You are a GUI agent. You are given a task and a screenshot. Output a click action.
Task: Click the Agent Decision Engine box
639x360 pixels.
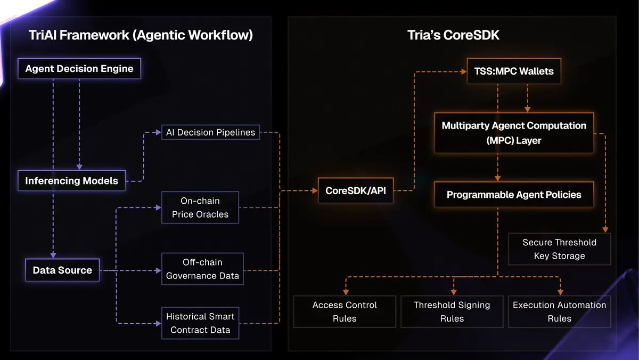[79, 69]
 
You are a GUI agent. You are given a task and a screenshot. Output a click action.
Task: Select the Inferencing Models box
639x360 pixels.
[71, 181]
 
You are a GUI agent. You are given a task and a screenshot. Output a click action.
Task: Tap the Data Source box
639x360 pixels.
[62, 270]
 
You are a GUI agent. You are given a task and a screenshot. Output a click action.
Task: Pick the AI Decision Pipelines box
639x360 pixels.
[210, 132]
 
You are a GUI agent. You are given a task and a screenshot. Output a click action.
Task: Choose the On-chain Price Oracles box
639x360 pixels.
[200, 207]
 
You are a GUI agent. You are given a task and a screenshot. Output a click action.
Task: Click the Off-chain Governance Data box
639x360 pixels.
[202, 269]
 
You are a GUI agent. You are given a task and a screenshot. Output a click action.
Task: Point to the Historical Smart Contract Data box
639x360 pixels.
[200, 323]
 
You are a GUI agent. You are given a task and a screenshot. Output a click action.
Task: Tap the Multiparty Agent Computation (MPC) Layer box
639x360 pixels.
[514, 133]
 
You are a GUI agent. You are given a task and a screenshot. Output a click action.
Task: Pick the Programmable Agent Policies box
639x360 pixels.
[514, 195]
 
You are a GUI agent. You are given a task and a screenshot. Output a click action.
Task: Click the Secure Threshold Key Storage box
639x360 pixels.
[559, 249]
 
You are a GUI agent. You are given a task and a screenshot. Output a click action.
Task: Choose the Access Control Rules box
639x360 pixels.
[345, 311]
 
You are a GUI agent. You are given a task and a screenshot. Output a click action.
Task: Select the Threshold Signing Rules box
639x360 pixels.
[452, 311]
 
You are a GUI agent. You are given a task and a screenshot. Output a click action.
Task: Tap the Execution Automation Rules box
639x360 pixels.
[559, 311]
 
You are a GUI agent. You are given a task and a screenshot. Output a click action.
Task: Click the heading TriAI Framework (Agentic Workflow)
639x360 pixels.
[141, 36]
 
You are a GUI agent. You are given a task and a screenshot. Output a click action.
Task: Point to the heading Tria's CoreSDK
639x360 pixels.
[453, 36]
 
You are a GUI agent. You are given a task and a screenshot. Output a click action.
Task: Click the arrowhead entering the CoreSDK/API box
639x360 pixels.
[315, 190]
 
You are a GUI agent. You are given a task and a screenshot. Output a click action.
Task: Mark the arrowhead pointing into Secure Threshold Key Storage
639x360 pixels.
[604, 229]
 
